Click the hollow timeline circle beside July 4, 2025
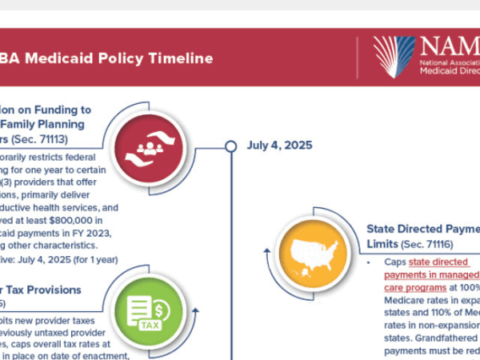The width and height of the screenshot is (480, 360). click(231, 146)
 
